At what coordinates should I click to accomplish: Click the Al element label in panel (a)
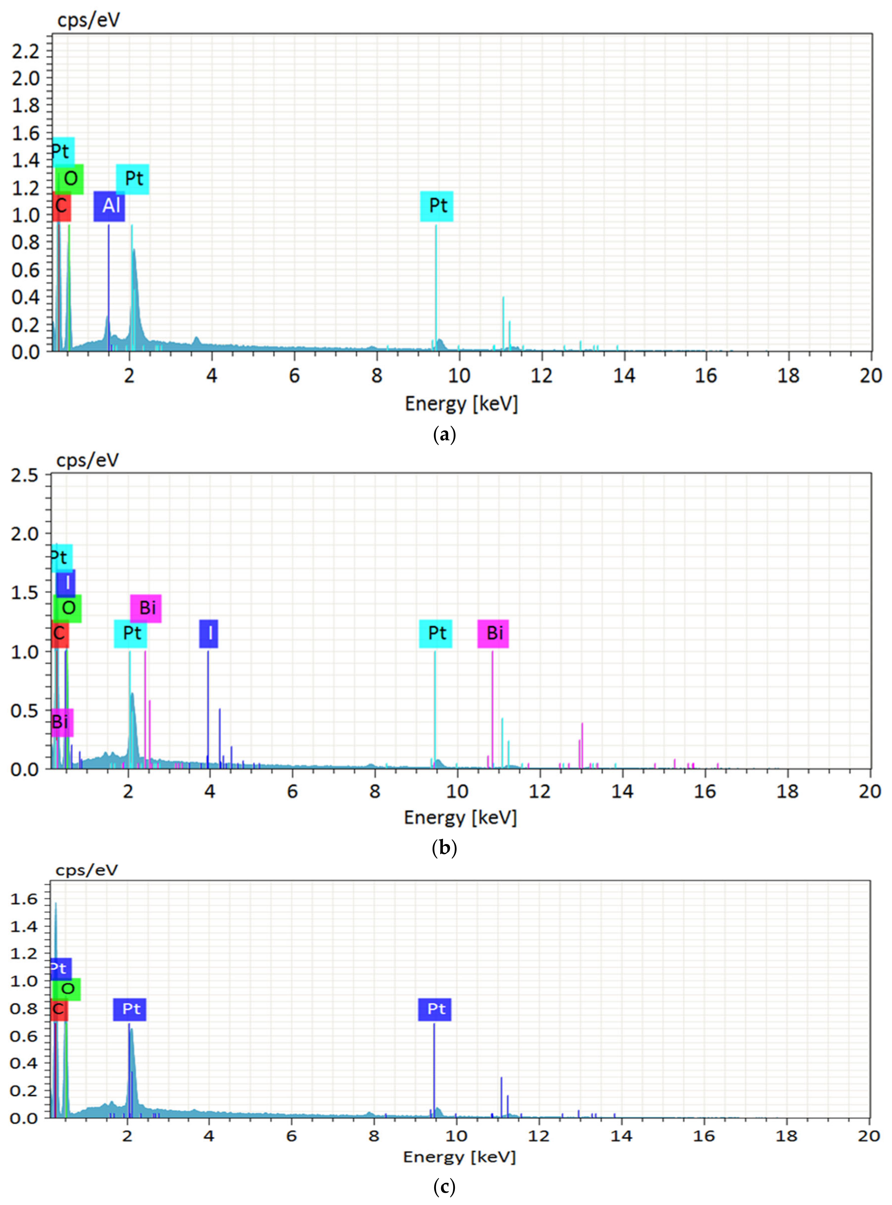109,206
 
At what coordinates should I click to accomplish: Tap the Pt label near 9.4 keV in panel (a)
437,206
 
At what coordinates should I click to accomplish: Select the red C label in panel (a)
62,206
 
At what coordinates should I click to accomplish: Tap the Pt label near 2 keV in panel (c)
130,1009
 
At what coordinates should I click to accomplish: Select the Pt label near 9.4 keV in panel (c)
435,1009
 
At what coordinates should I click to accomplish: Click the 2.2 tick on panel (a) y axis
26,51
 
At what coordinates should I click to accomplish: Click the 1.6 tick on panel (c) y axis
24,899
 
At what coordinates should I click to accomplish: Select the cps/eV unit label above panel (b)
88,460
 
